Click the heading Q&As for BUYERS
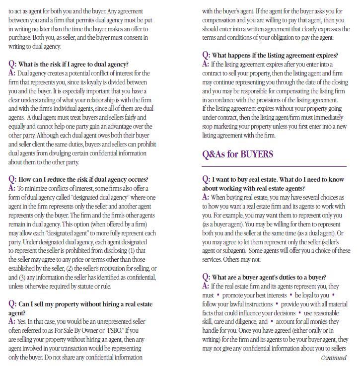pyautogui.click(x=237, y=154)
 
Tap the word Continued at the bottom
pyautogui.click(x=334, y=358)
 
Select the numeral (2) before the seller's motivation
pyautogui.click(x=71, y=269)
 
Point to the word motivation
pyautogui.click(x=113, y=269)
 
